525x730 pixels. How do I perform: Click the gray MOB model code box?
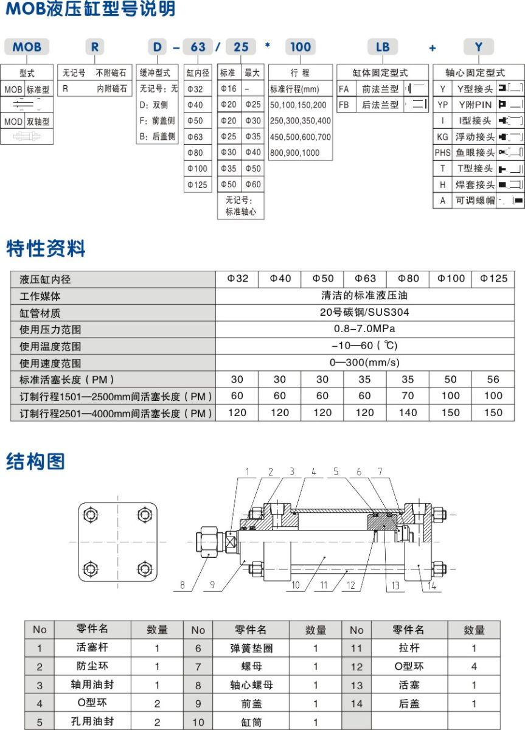coord(27,47)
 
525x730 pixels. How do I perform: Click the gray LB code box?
coord(382,47)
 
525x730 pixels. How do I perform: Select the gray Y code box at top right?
coord(479,47)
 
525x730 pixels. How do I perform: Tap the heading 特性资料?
coord(46,248)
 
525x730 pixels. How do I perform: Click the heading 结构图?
coord(35,462)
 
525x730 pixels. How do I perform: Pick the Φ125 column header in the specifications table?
coord(493,279)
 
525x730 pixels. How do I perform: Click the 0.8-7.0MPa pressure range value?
coord(365,329)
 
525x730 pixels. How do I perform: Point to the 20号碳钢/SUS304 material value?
coord(365,313)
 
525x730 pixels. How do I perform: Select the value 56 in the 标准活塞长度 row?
coord(493,379)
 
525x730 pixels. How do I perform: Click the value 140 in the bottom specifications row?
coord(408,412)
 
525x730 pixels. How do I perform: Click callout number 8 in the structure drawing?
coord(182,586)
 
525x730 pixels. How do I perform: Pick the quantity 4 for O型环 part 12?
coord(474,667)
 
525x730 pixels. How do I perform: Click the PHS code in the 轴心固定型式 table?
coord(442,152)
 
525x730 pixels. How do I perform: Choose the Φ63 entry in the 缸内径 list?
coord(196,136)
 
